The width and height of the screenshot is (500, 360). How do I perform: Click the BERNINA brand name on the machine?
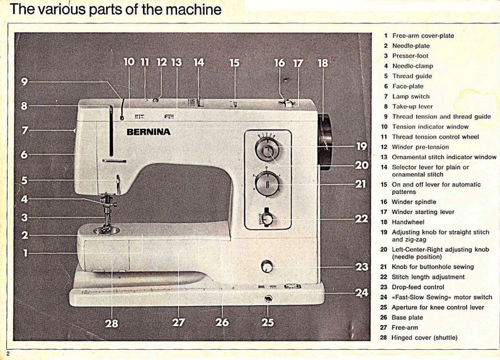click(149, 132)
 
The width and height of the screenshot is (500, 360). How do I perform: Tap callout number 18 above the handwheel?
click(323, 63)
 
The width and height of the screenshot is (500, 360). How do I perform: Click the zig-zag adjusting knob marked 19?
click(268, 152)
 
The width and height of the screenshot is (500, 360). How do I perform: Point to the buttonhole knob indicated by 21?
click(268, 184)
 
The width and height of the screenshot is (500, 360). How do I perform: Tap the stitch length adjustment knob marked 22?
click(268, 218)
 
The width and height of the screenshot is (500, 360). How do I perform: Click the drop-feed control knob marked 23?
click(268, 267)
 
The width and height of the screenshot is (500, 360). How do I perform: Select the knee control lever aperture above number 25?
click(268, 298)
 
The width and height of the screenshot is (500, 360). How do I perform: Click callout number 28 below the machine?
click(112, 323)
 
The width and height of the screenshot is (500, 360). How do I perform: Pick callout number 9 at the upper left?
click(24, 81)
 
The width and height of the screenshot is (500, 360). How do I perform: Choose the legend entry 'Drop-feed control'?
click(418, 287)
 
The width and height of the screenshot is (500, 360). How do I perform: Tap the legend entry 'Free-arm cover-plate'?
click(423, 36)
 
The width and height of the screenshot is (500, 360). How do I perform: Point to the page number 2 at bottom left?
click(8, 354)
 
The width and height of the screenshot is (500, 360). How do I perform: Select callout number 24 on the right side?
click(361, 293)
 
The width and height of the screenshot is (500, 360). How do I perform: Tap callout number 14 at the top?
click(199, 62)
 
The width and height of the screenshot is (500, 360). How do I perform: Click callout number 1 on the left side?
click(25, 253)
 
